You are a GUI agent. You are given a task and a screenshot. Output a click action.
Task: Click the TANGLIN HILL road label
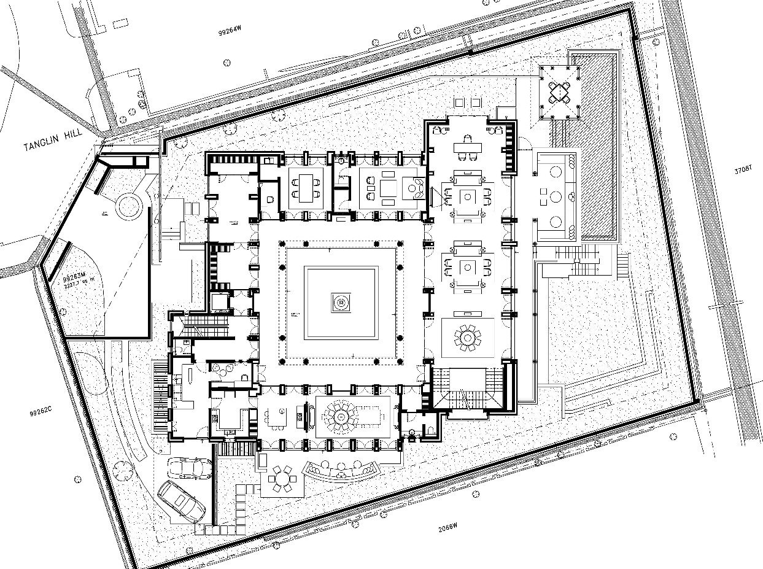point(49,144)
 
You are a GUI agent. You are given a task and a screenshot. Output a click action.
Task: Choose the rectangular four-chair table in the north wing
point(305,187)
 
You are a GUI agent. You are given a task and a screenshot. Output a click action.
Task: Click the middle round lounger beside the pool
point(556,197)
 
